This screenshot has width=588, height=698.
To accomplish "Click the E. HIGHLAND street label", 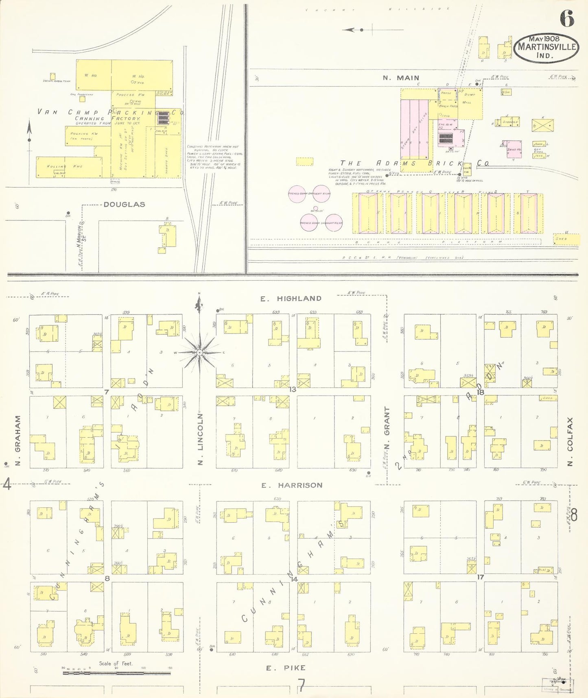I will pyautogui.click(x=291, y=299).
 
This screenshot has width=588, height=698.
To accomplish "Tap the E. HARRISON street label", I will pyautogui.click(x=292, y=485).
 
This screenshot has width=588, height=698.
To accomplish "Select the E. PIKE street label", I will pyautogui.click(x=285, y=668).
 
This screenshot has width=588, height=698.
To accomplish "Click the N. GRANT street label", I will pyautogui.click(x=387, y=427).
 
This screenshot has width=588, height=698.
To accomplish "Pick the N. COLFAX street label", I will pyautogui.click(x=570, y=442).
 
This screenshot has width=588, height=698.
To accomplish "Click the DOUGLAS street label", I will pyautogui.click(x=124, y=205).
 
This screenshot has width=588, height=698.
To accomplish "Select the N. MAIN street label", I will pyautogui.click(x=401, y=78).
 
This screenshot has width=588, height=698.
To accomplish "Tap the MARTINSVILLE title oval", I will pyautogui.click(x=547, y=48).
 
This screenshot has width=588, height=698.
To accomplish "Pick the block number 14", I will pyautogui.click(x=294, y=579).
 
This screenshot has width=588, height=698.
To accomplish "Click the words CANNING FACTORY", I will pyautogui.click(x=107, y=118).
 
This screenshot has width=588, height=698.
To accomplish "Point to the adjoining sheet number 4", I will pyautogui.click(x=7, y=484).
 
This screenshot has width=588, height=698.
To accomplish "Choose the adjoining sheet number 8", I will pyautogui.click(x=574, y=516).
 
